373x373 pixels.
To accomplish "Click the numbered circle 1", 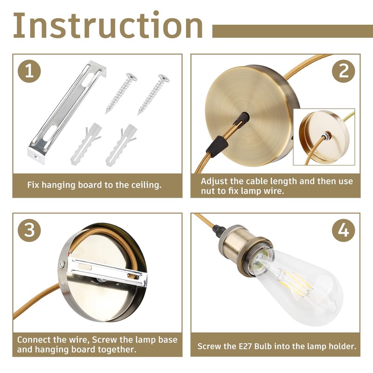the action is click(x=29, y=71).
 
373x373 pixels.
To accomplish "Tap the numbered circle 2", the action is click(x=344, y=71).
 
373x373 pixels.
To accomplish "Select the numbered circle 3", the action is click(x=29, y=230).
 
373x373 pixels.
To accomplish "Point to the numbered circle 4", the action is click(x=344, y=230).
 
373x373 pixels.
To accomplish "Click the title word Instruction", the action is click(x=108, y=25).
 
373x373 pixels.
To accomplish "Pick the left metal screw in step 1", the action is click(x=121, y=93).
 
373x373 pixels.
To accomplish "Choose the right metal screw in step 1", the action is click(x=153, y=95).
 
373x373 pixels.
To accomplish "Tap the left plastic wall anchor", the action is click(x=86, y=144).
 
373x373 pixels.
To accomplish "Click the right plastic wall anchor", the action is click(x=121, y=145).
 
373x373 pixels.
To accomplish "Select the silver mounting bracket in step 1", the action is click(x=67, y=112).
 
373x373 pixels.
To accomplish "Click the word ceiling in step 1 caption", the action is click(x=146, y=185).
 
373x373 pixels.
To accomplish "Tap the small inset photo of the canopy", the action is click(x=324, y=137).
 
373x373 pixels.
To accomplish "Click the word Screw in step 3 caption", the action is click(x=104, y=339).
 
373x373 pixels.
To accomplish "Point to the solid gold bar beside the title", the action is click(x=293, y=31).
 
